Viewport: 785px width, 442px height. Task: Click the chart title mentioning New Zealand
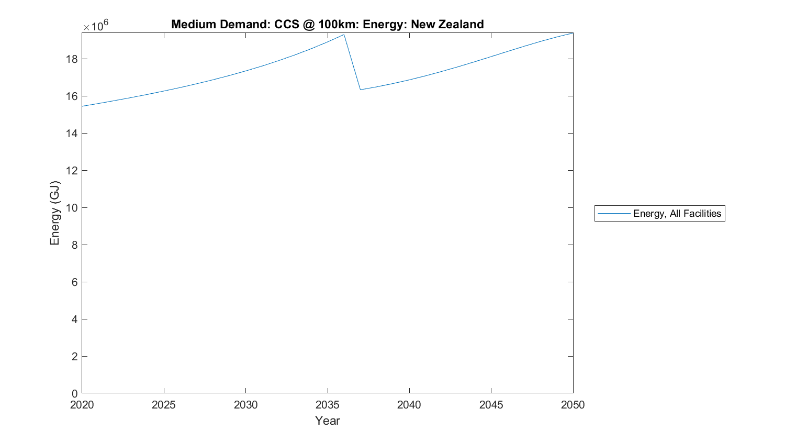327,24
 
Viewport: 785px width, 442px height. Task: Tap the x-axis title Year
327,421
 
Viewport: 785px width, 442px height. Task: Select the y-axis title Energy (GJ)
55,213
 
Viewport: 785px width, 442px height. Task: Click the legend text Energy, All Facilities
677,213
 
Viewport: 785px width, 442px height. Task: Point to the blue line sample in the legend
614,213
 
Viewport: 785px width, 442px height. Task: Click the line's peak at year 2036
344,35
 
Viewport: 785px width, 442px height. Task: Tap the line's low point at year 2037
361,90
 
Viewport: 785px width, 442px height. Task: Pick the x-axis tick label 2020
82,405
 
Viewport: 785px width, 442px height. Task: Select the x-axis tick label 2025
164,405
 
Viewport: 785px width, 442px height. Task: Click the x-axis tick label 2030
245,405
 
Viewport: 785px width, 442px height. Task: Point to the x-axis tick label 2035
328,405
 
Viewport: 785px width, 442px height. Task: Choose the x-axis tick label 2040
409,405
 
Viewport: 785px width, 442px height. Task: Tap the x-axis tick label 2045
491,405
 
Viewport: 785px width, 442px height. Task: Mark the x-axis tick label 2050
573,405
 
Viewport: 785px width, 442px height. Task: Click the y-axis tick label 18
72,59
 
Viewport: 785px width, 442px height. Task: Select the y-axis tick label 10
72,208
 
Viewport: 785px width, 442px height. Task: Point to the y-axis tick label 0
74,393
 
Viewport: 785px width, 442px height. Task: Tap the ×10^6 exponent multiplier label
95,26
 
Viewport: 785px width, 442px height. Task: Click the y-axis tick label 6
74,282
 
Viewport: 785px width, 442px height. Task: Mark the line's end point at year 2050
573,33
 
